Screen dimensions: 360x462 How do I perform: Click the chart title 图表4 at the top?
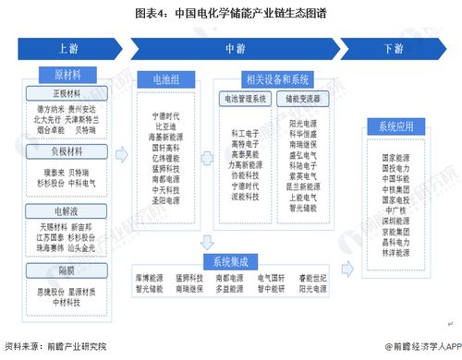[230, 15]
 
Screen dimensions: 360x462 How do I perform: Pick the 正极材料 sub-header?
[67, 93]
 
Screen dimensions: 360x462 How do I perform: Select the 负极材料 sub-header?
[67, 151]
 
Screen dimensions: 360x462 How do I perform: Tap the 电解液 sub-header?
[67, 211]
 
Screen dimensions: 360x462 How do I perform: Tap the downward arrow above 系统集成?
[205, 242]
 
